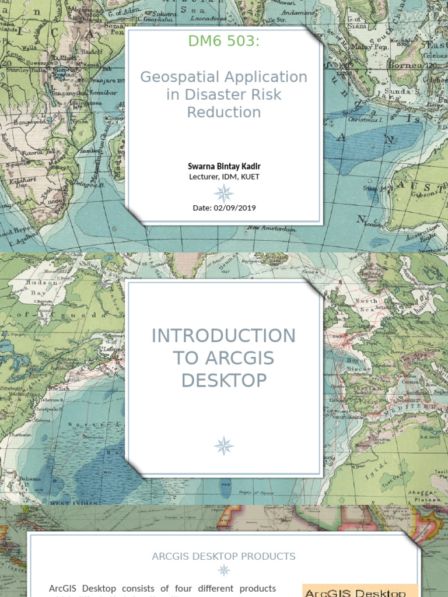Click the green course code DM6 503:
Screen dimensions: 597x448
223,41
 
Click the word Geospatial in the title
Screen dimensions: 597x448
180,77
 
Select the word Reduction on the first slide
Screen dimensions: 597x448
223,112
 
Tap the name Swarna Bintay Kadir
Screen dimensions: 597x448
224,166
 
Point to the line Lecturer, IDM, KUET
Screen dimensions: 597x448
224,177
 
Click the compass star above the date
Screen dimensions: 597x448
223,192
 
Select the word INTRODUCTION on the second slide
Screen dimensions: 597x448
223,336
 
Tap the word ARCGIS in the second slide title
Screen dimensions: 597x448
242,358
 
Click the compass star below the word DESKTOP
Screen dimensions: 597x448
223,446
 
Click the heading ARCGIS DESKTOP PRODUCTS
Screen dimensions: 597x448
223,556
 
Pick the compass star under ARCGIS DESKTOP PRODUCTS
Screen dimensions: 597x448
223,570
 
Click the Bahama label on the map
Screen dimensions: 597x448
29,479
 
